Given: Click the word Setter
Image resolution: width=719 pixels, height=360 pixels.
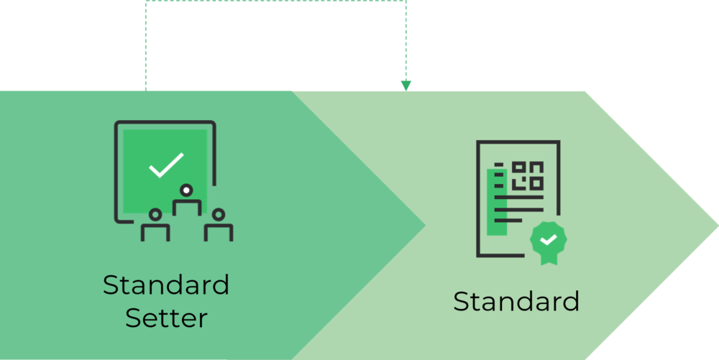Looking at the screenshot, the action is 167,318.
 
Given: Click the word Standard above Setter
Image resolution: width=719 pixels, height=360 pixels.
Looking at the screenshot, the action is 166,285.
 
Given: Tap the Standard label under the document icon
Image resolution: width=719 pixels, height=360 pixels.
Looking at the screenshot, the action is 516,301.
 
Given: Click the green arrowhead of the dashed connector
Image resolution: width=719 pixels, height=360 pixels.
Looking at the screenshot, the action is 406,86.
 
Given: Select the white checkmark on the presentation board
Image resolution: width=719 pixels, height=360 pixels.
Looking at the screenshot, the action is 166,165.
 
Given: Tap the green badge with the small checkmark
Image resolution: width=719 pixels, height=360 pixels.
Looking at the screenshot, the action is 549,239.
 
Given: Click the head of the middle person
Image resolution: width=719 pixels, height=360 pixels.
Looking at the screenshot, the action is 186,190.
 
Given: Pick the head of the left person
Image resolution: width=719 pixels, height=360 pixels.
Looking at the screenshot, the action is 155,214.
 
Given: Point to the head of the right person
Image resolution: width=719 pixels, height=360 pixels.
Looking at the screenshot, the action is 219,214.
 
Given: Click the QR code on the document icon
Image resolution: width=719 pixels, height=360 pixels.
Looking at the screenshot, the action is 528,176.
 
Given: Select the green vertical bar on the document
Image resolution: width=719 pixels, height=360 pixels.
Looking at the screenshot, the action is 497,202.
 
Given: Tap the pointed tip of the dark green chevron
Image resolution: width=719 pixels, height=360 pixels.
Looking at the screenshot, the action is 425,225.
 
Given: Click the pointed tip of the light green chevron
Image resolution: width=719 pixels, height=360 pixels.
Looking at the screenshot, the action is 718,225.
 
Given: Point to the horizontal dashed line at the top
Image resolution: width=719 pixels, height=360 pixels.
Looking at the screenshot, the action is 275,1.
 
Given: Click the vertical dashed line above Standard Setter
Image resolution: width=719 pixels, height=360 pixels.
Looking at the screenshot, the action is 146,46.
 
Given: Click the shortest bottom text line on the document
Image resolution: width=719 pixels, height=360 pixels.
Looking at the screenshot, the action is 508,221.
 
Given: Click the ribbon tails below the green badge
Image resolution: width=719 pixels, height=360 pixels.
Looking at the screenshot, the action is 549,259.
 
